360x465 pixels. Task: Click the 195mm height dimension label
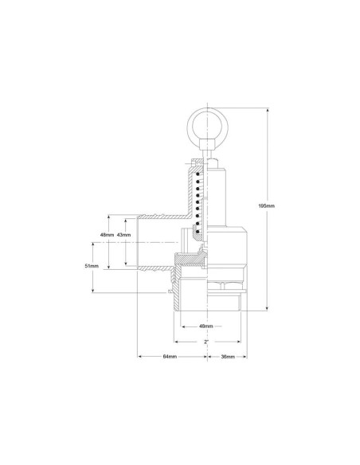[267, 205]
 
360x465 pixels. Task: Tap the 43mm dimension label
[123, 235]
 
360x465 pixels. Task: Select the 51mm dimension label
[92, 266]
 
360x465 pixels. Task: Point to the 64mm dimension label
[170, 357]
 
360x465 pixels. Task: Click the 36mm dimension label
[228, 357]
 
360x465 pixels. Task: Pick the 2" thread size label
[206, 342]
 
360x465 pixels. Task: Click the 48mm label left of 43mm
[107, 235]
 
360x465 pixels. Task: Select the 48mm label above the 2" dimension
[206, 326]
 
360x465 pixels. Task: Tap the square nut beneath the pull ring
[207, 145]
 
